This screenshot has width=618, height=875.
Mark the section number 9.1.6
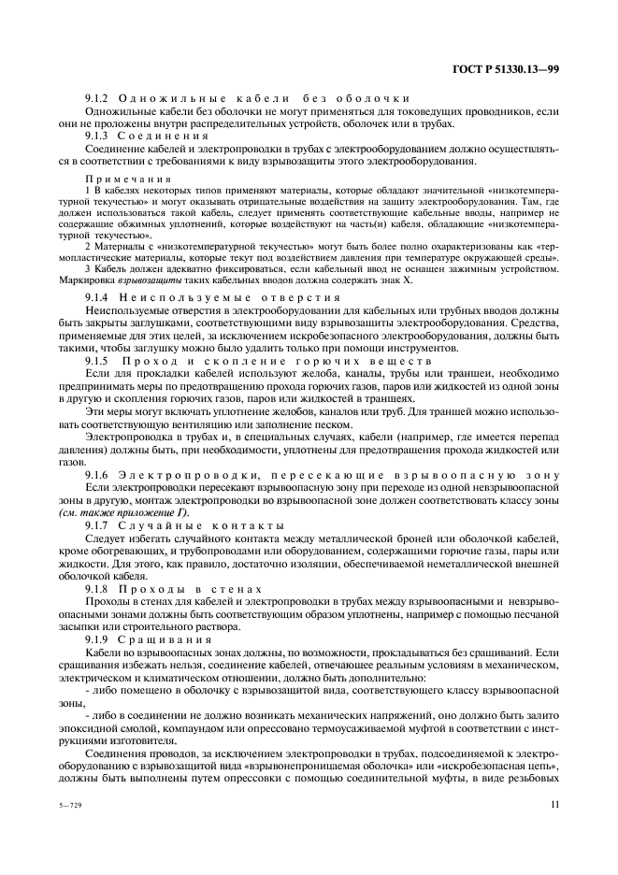pos(98,476)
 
